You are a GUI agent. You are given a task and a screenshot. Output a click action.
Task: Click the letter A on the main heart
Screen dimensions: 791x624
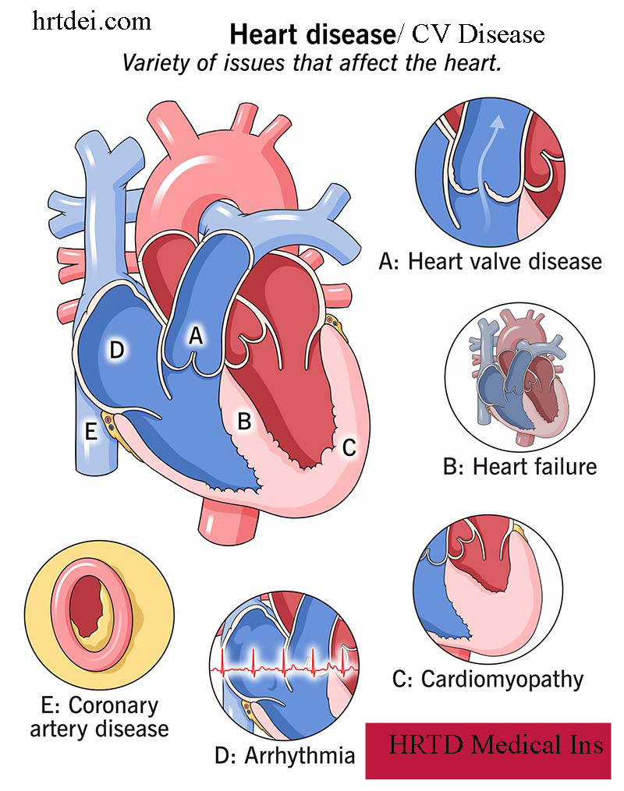click(x=197, y=336)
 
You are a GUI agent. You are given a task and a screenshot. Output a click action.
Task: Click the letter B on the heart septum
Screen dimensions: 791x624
click(x=244, y=422)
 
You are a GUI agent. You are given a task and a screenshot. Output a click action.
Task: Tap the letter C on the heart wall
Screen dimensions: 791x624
click(x=349, y=447)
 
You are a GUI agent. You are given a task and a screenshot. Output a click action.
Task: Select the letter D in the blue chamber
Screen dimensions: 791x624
click(x=117, y=351)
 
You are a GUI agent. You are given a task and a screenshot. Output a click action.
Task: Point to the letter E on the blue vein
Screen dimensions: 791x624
click(x=91, y=431)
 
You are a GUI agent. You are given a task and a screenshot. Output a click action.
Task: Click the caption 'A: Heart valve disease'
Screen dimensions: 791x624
click(x=490, y=261)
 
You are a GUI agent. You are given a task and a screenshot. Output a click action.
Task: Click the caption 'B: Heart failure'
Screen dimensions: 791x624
click(x=519, y=467)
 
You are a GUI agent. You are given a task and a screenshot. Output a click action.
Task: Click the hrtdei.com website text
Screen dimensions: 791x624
click(x=92, y=22)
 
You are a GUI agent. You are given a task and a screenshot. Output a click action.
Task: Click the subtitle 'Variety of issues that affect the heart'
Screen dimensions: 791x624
click(x=311, y=64)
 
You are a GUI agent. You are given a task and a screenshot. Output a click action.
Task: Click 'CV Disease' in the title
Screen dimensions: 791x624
click(x=477, y=35)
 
